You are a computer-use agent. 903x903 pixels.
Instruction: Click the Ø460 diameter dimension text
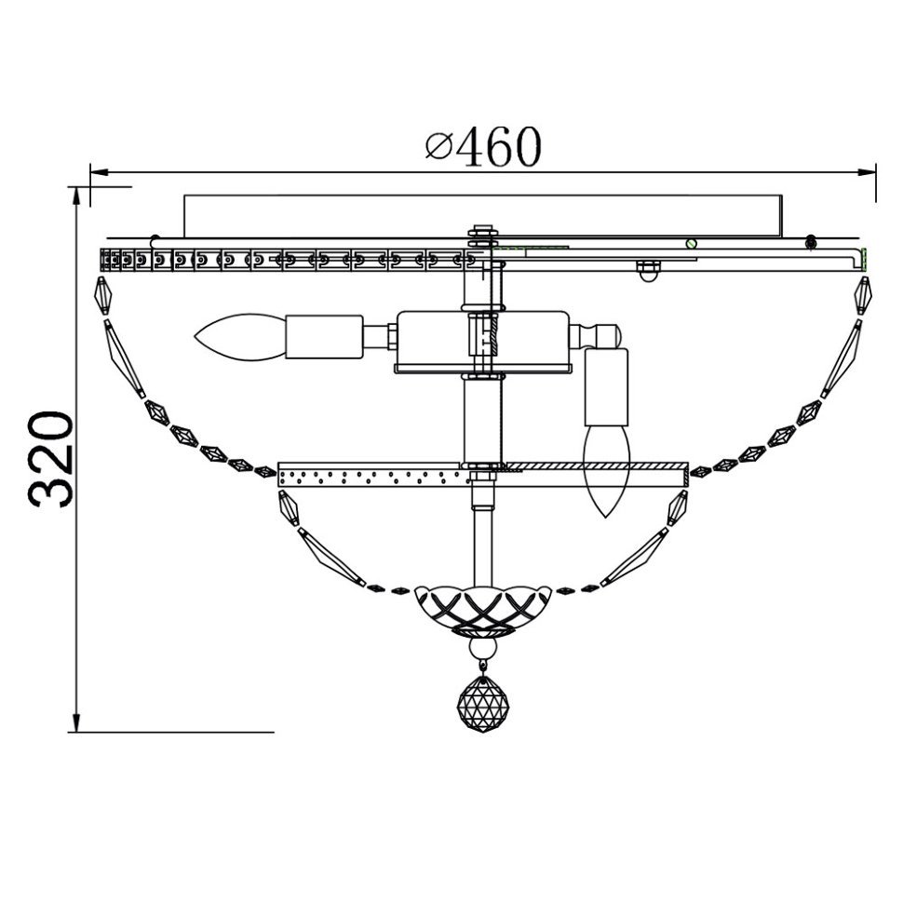coord(483,146)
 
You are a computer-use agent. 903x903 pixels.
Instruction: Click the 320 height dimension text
coord(52,459)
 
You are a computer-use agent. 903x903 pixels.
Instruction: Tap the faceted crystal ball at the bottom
coord(483,704)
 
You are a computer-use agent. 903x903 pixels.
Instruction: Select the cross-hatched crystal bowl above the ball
coord(483,611)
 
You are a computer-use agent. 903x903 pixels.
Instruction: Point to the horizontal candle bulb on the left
coord(240,337)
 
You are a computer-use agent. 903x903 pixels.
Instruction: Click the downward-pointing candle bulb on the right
coord(607,470)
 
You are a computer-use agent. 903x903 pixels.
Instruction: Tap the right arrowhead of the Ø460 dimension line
coord(867,171)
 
